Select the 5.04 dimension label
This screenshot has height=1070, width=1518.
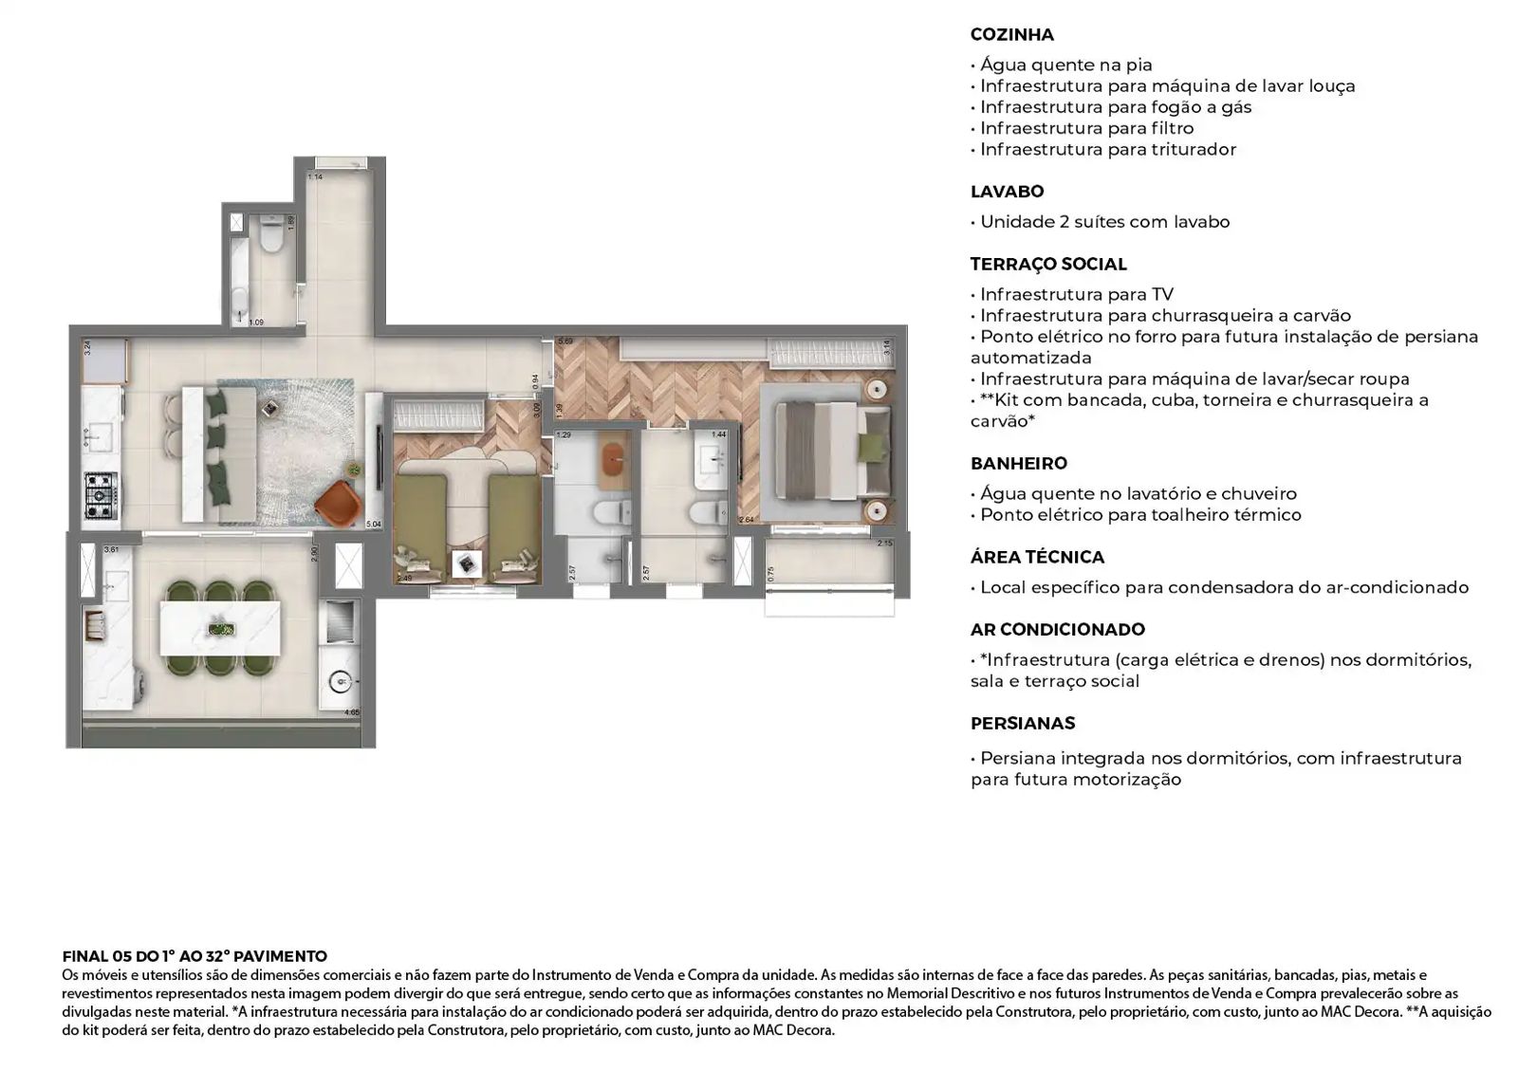(x=373, y=524)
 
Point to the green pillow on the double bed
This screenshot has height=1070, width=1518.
(x=870, y=448)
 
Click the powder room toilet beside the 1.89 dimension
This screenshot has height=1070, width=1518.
(x=272, y=238)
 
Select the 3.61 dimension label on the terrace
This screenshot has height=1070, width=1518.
(x=111, y=549)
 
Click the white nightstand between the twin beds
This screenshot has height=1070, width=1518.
(x=468, y=564)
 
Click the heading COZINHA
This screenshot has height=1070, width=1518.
(x=1011, y=35)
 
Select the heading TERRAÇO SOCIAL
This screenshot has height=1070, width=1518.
(x=1047, y=265)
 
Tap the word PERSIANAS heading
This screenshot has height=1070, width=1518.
(x=1022, y=724)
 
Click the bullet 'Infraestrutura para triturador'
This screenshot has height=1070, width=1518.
(x=1107, y=150)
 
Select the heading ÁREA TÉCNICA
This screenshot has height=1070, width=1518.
(x=1037, y=558)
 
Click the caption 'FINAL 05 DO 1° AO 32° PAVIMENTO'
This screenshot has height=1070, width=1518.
(x=194, y=956)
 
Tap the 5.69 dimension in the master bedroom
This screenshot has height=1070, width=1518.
(x=565, y=341)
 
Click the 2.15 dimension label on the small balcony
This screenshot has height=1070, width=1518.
(x=884, y=544)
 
